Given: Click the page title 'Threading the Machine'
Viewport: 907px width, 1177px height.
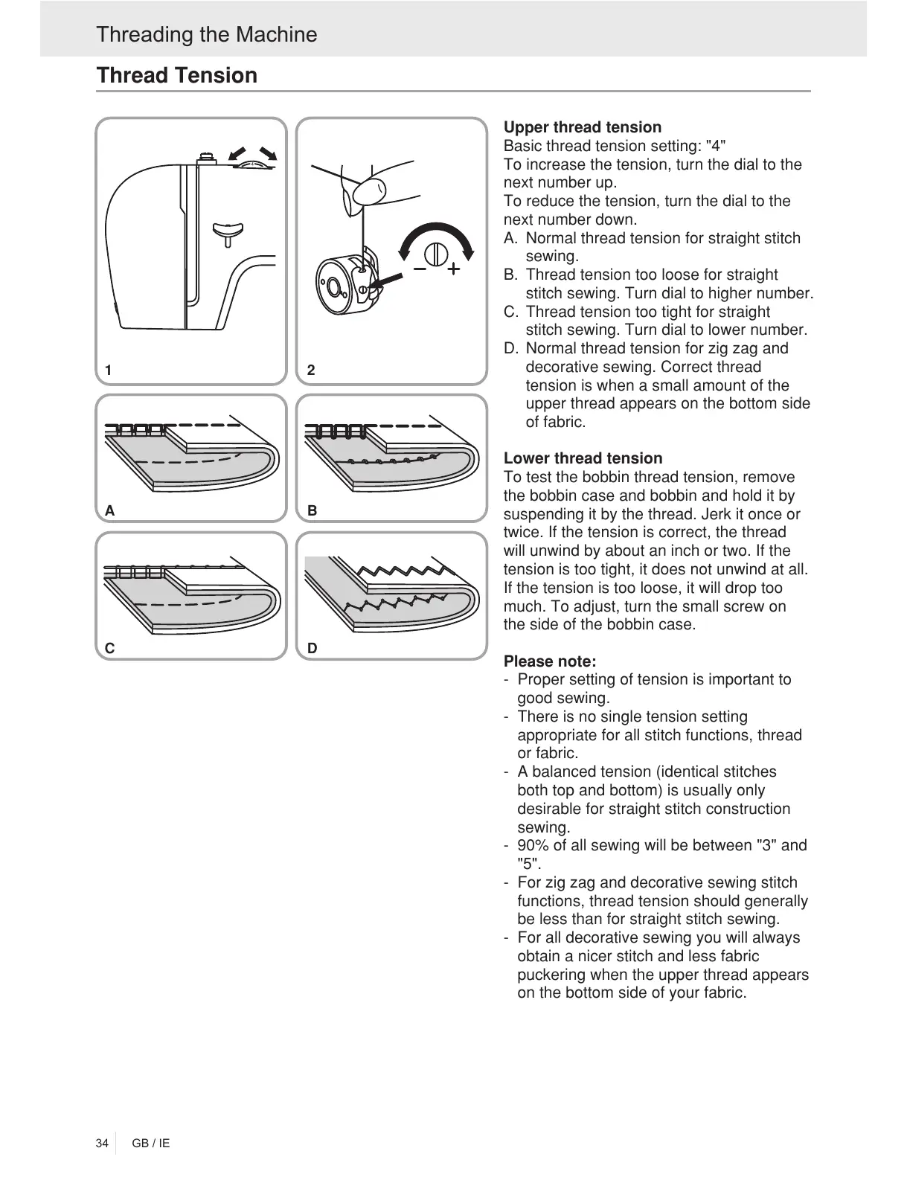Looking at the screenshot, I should (x=206, y=34).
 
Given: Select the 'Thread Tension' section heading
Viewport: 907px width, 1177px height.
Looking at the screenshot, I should (x=177, y=75).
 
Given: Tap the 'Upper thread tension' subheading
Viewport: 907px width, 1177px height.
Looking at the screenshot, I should (x=582, y=127).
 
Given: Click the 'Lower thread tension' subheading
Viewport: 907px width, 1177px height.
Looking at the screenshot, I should (x=583, y=458).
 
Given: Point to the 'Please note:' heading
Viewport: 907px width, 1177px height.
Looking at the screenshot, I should (x=550, y=661).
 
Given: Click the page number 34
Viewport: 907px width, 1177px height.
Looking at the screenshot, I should (x=102, y=1143).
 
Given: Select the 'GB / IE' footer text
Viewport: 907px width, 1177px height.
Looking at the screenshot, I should (x=151, y=1143).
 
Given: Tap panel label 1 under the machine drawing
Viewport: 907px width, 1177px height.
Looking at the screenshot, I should (x=109, y=370).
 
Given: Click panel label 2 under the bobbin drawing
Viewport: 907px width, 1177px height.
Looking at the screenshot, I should (x=311, y=370).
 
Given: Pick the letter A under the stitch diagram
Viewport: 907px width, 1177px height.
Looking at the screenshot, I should (x=109, y=511).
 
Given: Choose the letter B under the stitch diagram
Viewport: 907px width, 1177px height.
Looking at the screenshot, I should (x=312, y=511).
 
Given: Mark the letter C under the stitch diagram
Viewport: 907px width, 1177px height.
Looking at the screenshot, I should (x=109, y=648).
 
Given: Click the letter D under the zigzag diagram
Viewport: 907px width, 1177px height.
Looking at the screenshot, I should (x=312, y=648).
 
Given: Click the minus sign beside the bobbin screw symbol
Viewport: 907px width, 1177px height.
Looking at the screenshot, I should (x=420, y=267).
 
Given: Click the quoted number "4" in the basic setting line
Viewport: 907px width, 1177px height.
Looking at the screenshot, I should (x=716, y=146).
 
